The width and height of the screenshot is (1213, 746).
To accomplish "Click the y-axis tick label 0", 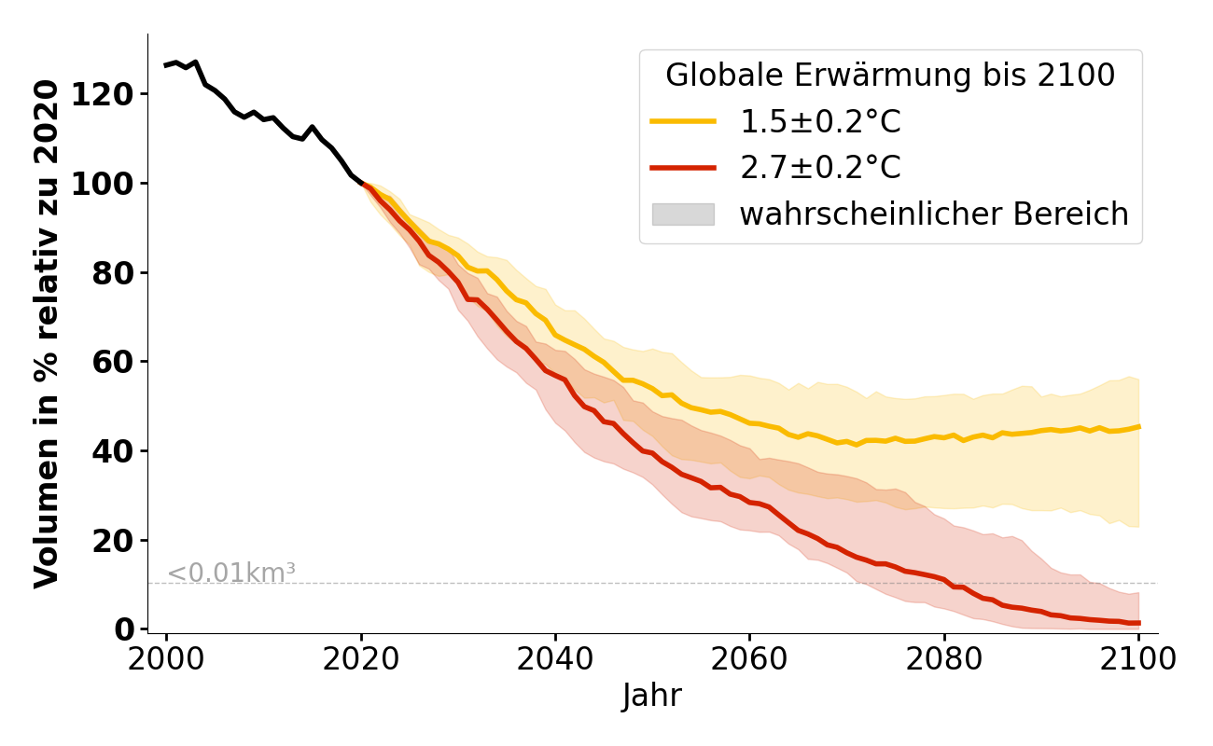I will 125,629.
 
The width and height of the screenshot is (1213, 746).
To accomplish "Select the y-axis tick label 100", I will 103,184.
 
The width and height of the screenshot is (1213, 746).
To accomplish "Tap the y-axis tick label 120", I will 103,94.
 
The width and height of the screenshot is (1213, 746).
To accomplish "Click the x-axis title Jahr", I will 652,697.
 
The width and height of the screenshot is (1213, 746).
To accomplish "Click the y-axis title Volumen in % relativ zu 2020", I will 47,333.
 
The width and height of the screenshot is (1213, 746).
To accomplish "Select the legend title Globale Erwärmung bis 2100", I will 890,76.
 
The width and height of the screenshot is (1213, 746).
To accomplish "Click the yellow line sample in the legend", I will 683,121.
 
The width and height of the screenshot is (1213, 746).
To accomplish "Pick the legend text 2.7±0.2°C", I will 820,168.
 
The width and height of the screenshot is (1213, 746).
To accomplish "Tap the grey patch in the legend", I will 683,214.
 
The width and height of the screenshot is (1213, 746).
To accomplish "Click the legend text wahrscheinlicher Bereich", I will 934,214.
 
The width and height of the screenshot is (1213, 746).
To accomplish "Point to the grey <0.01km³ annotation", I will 231,573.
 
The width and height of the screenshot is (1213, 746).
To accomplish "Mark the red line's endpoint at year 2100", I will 1138,623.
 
